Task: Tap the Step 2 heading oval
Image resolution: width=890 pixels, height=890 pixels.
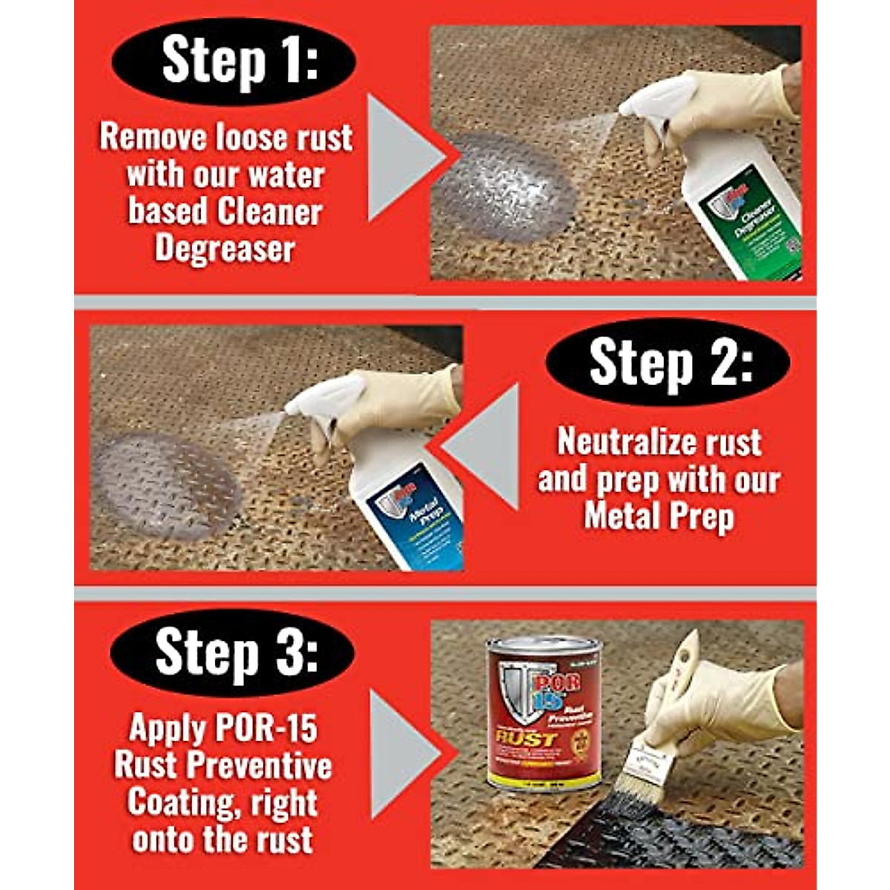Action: pyautogui.click(x=667, y=363)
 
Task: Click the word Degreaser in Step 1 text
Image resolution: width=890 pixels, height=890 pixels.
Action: pyautogui.click(x=225, y=249)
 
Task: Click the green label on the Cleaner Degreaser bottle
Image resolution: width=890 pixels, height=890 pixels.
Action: pyautogui.click(x=753, y=222)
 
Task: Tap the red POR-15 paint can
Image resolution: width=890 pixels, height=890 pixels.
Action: pyautogui.click(x=544, y=712)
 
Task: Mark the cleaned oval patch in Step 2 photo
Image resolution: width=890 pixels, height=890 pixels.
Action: pyautogui.click(x=167, y=486)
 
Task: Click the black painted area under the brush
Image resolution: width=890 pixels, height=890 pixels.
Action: pyautogui.click(x=667, y=838)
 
